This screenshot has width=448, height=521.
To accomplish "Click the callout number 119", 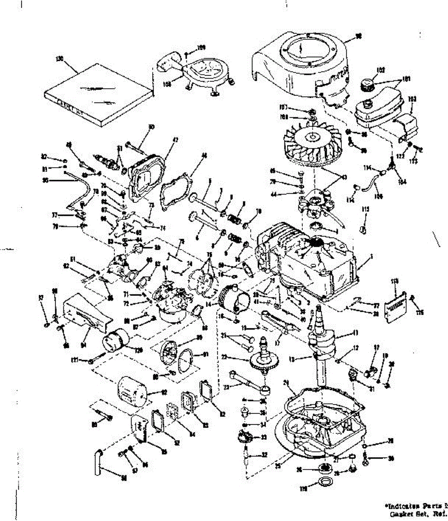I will pos(304,489).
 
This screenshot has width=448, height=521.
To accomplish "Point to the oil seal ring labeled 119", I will pos(325,481).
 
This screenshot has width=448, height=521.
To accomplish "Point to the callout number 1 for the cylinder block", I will pos(372,257).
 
